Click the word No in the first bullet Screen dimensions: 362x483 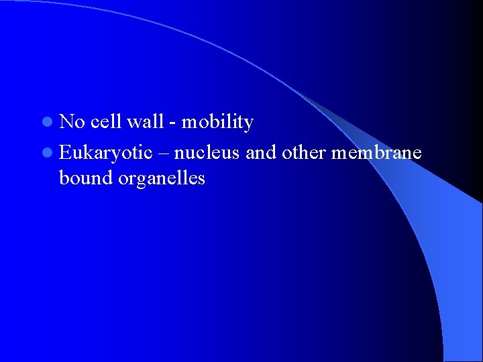coord(72,122)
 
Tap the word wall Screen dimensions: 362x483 coord(145,122)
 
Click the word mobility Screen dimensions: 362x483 coord(217,123)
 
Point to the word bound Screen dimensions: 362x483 coord(84,178)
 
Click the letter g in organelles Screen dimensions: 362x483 coord(140,182)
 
